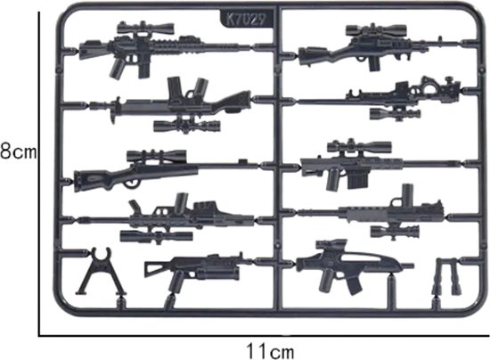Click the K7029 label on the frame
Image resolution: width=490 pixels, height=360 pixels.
246,20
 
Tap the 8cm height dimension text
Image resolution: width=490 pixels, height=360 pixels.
18,151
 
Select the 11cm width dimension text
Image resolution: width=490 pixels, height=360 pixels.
271,351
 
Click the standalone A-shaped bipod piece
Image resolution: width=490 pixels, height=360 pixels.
101,271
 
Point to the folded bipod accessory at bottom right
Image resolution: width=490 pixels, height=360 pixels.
446,276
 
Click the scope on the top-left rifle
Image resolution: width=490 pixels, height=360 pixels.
145,29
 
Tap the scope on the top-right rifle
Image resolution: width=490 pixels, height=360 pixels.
376,30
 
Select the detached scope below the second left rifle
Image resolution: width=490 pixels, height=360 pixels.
187,126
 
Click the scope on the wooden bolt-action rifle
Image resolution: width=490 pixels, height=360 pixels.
156,156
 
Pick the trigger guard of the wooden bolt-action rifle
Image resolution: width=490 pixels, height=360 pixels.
131,184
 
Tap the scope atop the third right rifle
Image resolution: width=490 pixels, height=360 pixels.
359,146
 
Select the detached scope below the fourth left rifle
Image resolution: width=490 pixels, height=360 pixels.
156,236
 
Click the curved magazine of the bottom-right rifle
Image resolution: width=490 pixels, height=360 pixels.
354,286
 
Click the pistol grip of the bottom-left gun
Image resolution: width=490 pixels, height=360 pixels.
176,281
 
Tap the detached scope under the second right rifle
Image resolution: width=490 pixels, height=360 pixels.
395,113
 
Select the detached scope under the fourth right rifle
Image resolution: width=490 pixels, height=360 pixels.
395,232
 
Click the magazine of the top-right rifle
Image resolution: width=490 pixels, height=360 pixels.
374,64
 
